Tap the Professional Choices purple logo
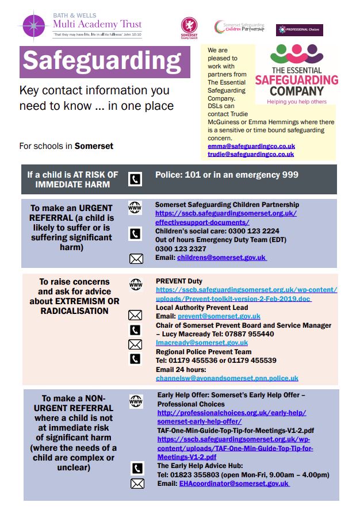(x=299, y=30)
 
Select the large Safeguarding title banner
(x=105, y=62)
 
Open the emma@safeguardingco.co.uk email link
(x=251, y=147)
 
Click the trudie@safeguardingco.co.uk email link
(x=251, y=154)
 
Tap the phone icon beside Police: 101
(x=135, y=179)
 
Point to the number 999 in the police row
(x=290, y=175)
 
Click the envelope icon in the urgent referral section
(x=136, y=259)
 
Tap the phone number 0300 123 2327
(x=181, y=249)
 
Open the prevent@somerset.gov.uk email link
(x=219, y=316)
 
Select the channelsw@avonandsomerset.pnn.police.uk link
(x=227, y=378)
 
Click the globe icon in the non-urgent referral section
(x=136, y=401)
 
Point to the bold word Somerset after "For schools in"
(x=94, y=146)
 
